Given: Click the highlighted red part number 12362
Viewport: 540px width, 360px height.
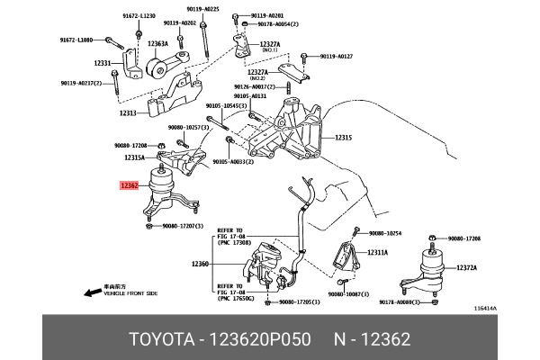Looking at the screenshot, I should pyautogui.click(x=129, y=186).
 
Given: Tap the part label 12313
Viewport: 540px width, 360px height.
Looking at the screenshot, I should pyautogui.click(x=128, y=113).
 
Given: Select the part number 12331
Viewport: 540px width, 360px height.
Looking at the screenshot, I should pyautogui.click(x=102, y=63).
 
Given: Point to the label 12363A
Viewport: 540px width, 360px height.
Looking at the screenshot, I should pyautogui.click(x=159, y=43).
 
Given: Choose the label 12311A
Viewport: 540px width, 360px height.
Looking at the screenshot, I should pyautogui.click(x=378, y=253).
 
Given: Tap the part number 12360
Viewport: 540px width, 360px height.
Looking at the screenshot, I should pyautogui.click(x=200, y=264).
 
